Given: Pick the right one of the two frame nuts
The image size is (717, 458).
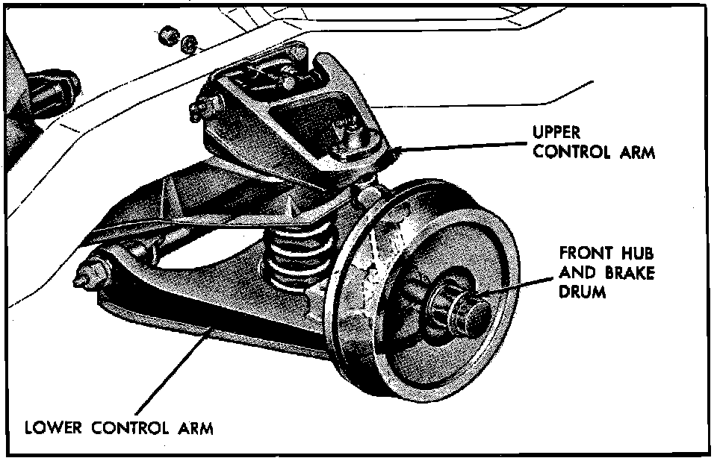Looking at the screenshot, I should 189,43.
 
